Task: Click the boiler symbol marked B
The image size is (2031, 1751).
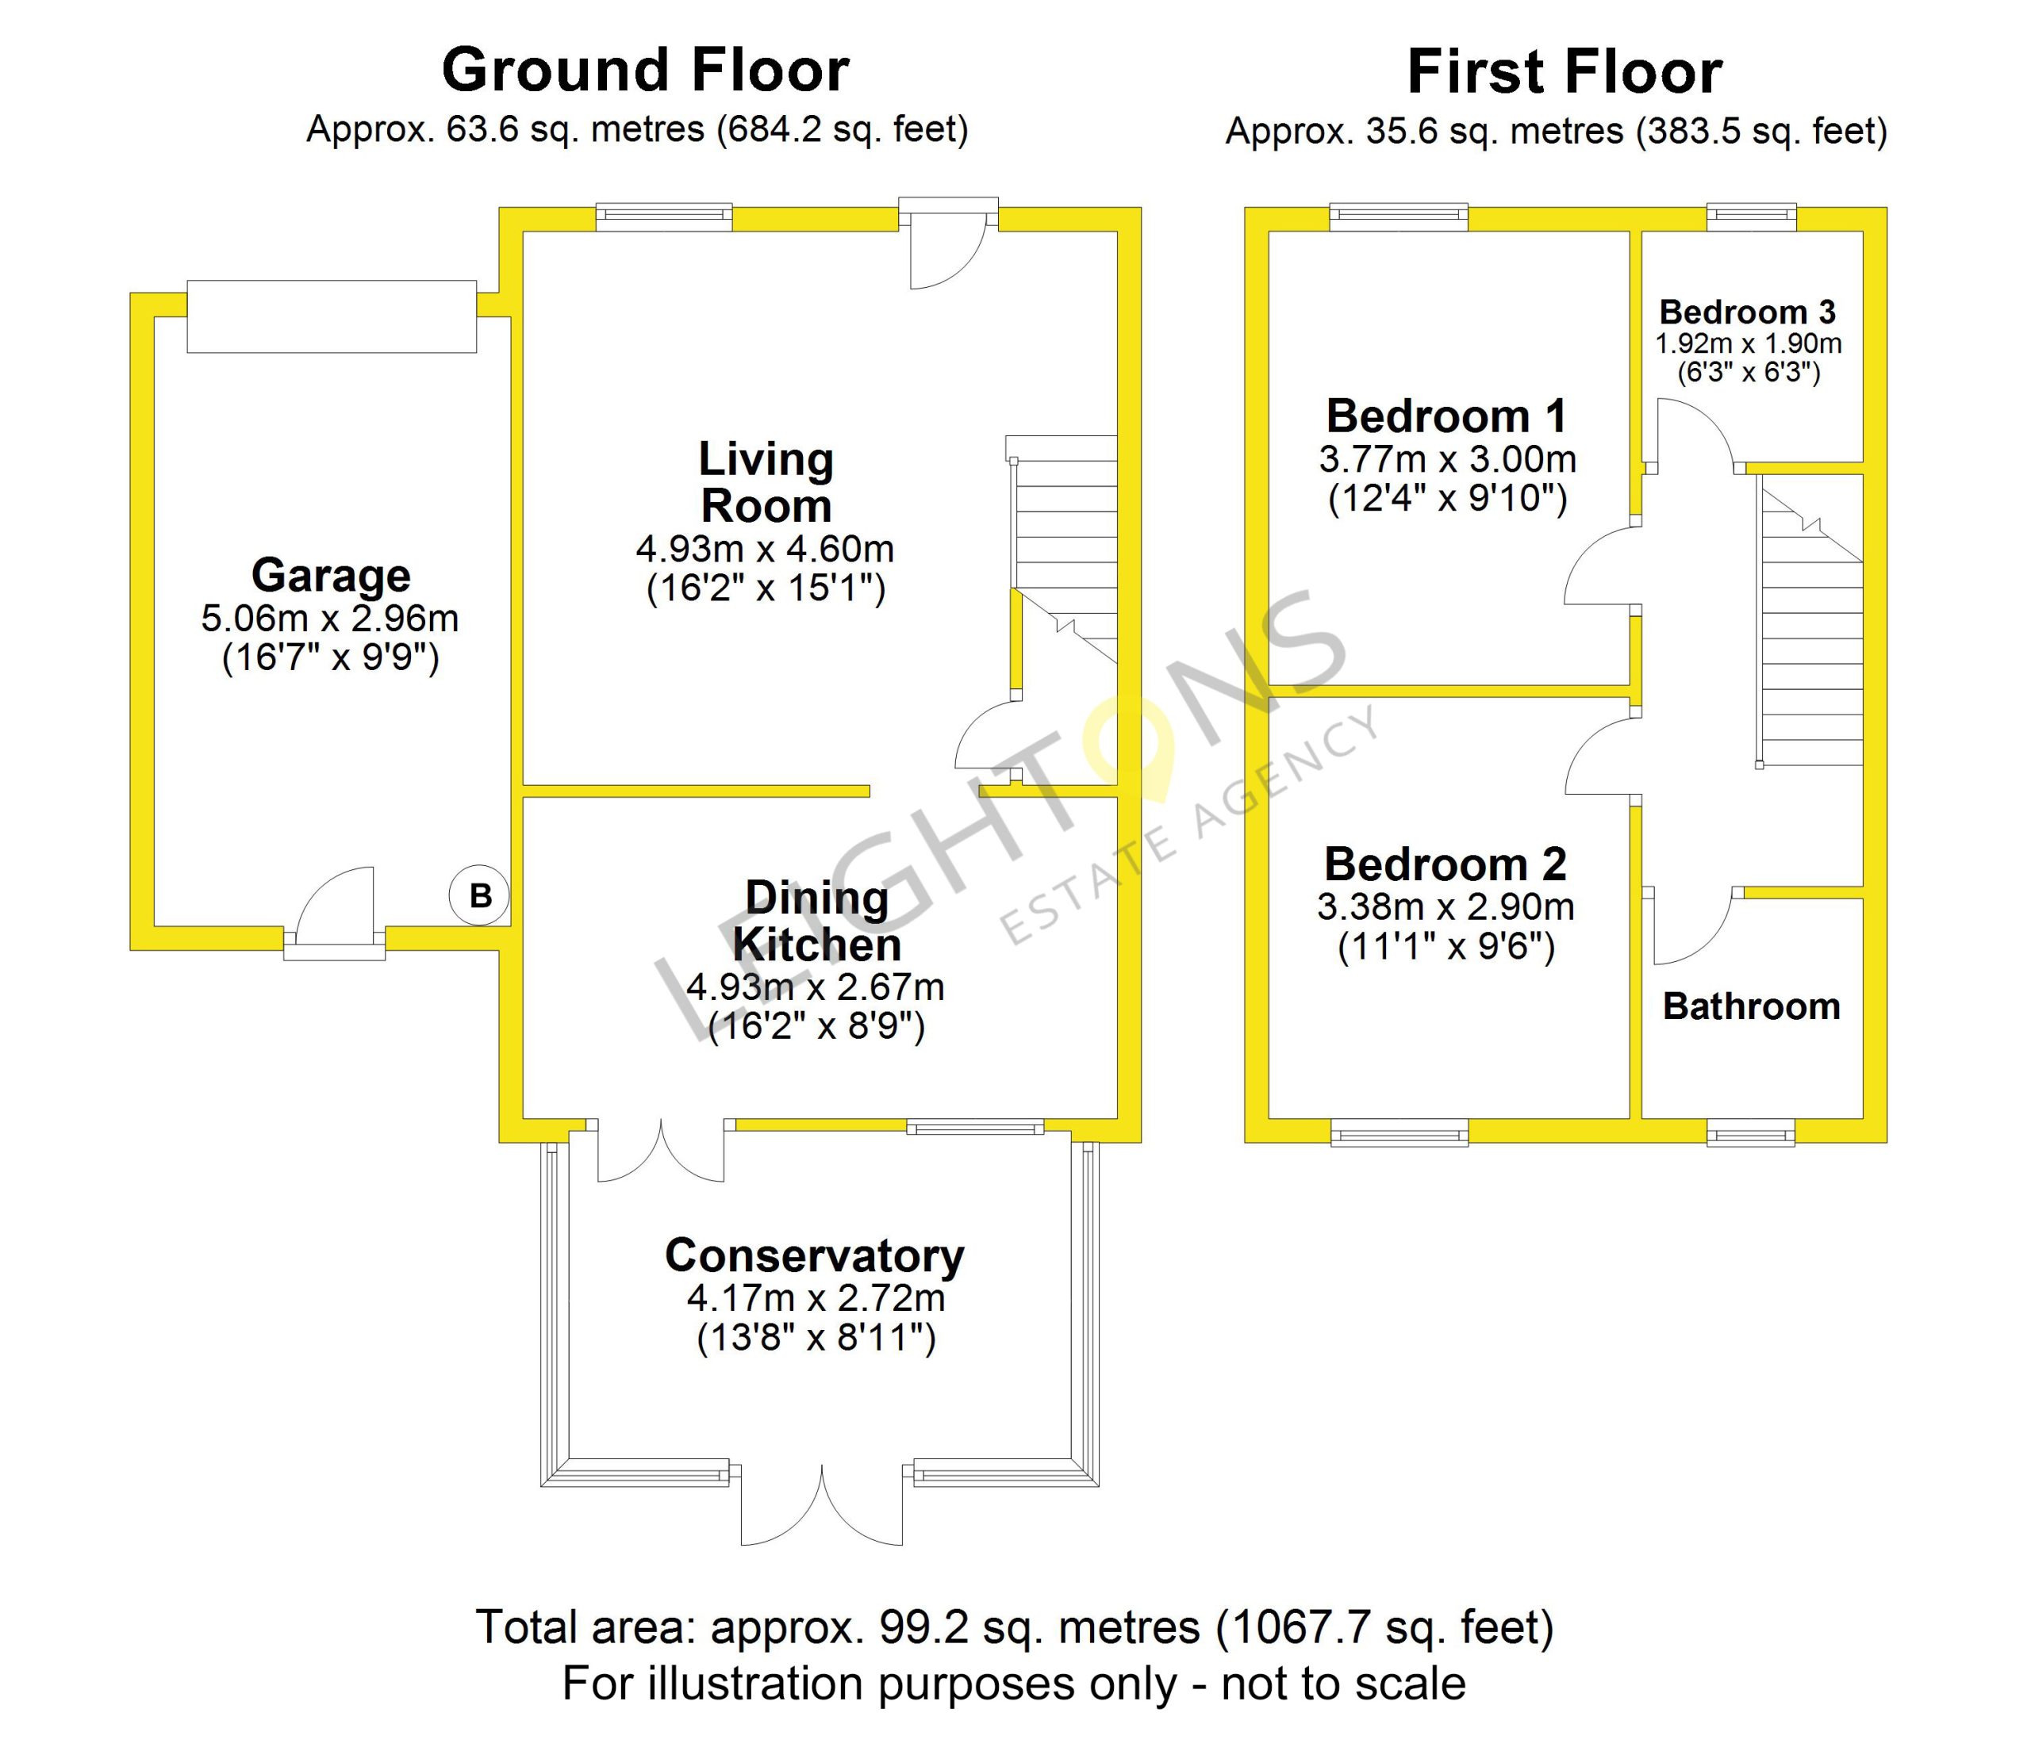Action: click(479, 895)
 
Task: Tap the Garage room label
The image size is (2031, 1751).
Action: click(330, 575)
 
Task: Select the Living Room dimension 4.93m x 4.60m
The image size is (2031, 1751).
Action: click(765, 549)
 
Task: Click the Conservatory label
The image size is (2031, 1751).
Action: click(815, 1255)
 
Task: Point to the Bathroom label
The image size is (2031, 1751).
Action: click(1752, 1006)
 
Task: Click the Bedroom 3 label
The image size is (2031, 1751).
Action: click(1748, 312)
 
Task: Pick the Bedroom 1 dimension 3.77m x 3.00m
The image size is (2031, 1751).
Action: click(1448, 458)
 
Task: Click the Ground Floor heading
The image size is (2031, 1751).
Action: click(645, 70)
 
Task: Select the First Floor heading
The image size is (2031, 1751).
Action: click(1565, 71)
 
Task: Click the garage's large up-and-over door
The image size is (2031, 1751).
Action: click(332, 316)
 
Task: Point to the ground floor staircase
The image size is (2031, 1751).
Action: click(1062, 549)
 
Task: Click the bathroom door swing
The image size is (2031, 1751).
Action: click(1693, 927)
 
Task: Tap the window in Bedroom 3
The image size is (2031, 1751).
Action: click(1752, 216)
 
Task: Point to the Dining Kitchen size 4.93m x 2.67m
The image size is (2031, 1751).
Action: click(816, 987)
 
